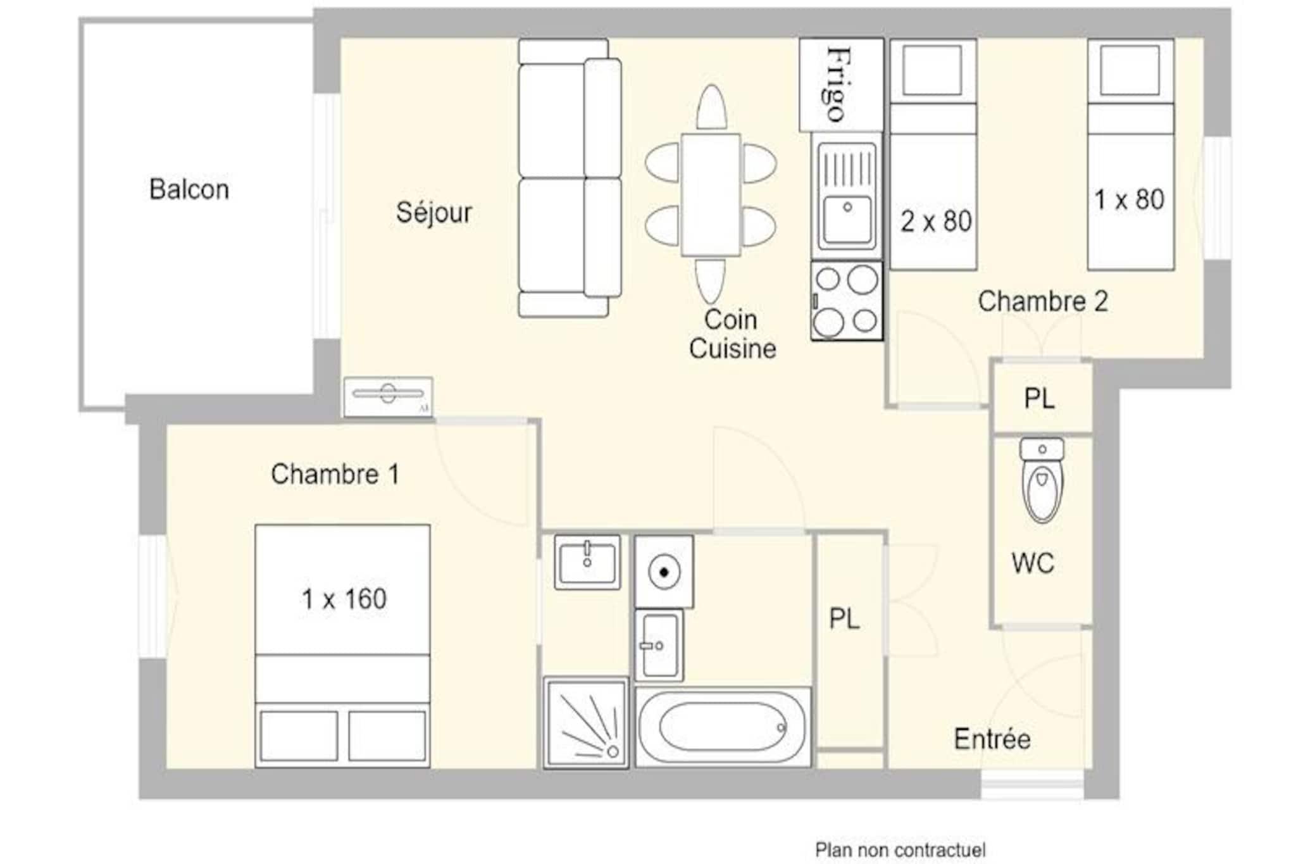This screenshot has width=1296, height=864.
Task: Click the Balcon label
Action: pos(189,189)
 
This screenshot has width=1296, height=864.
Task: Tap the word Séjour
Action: pos(434,213)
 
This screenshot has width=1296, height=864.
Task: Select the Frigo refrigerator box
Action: pos(841,85)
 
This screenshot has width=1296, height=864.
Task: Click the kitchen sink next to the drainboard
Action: pos(847,220)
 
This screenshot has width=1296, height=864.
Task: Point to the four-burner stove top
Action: pos(847,301)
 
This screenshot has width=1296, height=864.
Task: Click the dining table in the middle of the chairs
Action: pos(711,195)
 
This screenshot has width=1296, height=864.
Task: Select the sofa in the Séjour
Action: pos(570,177)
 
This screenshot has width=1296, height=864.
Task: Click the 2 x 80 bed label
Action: pos(936,222)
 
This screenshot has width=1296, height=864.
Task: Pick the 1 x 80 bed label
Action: pos(1130,200)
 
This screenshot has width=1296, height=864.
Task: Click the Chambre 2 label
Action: pos(1043,301)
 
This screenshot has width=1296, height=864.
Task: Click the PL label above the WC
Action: pos(1040,399)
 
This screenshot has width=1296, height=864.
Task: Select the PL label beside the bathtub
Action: pos(845,619)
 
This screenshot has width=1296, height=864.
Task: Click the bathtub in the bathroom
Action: pos(723,727)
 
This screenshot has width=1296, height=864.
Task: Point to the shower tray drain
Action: pos(613,751)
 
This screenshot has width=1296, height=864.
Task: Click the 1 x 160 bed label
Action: pos(344,599)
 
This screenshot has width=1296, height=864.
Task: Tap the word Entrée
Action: pos(992,739)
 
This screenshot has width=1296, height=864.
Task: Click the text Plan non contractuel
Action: pos(900,849)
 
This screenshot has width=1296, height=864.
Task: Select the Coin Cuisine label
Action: pos(732,334)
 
